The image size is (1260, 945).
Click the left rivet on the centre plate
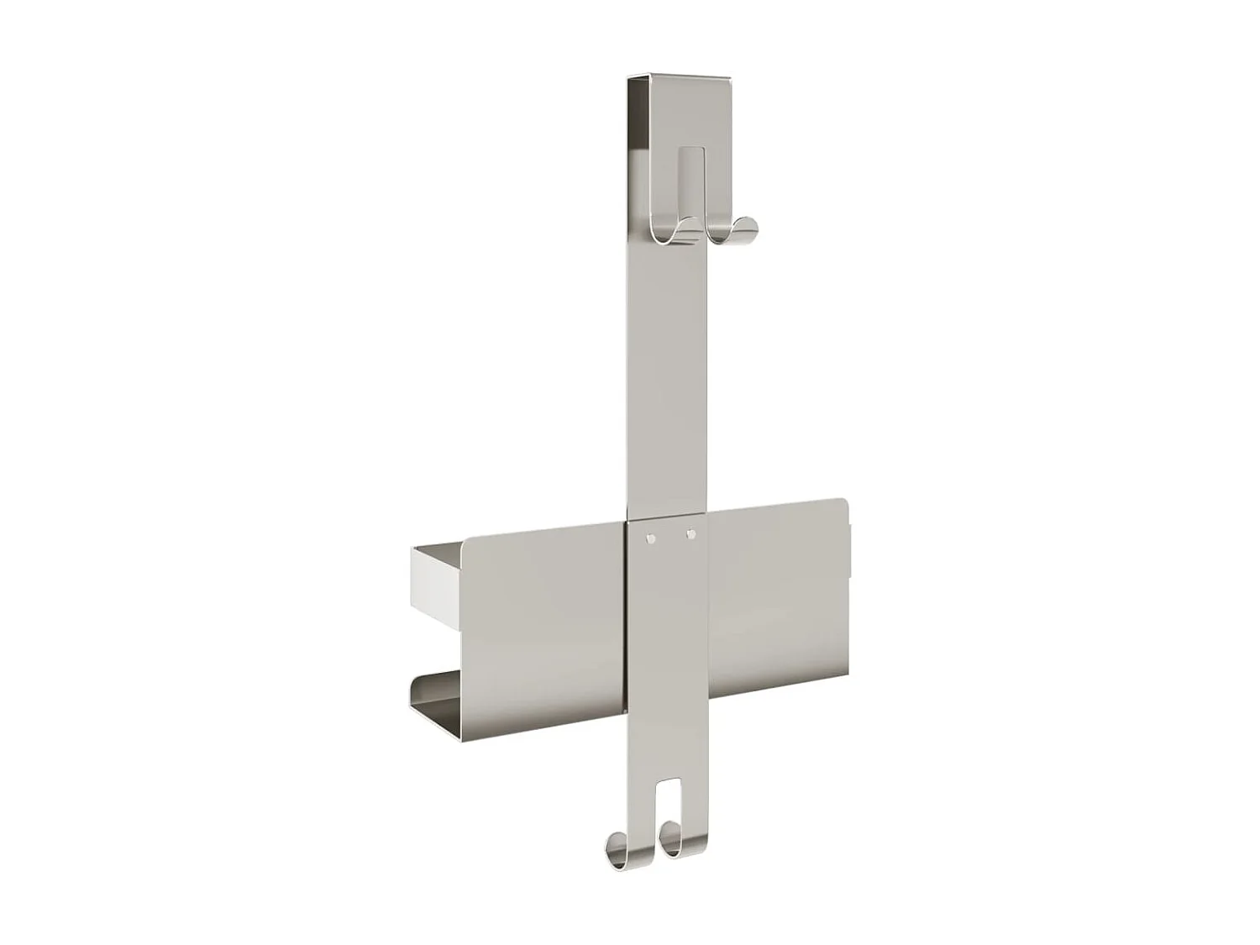pyautogui.click(x=651, y=536)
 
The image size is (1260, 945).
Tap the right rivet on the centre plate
pyautogui.click(x=691, y=533)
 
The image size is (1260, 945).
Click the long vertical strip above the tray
pyautogui.click(x=668, y=378)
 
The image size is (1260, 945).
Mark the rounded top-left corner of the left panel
pyautogui.click(x=469, y=540)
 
